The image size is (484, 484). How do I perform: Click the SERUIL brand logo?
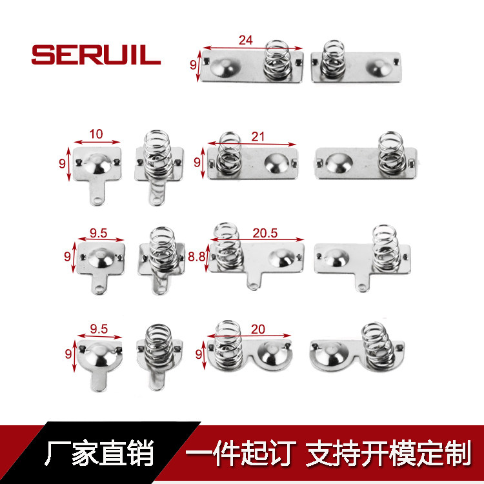[96, 55]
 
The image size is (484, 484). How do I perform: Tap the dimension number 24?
[246, 40]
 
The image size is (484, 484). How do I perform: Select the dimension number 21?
[257, 136]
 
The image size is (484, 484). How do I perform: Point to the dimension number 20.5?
[265, 233]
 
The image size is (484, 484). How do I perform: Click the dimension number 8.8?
[197, 256]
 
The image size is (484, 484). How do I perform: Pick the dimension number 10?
[96, 134]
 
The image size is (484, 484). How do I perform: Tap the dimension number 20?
[257, 329]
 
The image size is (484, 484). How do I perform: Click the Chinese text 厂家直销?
[99, 453]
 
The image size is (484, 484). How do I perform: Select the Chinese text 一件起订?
[241, 453]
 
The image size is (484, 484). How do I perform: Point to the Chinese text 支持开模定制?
[388, 453]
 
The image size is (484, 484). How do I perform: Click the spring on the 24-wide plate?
[277, 60]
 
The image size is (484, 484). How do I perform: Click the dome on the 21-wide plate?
[277, 163]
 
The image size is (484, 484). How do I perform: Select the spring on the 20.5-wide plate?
[228, 246]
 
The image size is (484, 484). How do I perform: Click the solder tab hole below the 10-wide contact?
[97, 200]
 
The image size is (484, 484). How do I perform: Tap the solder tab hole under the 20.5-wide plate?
[253, 285]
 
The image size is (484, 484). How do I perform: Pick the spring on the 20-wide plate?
[227, 344]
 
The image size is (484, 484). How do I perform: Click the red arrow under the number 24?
[252, 48]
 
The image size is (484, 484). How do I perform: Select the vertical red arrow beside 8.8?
[207, 257]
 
